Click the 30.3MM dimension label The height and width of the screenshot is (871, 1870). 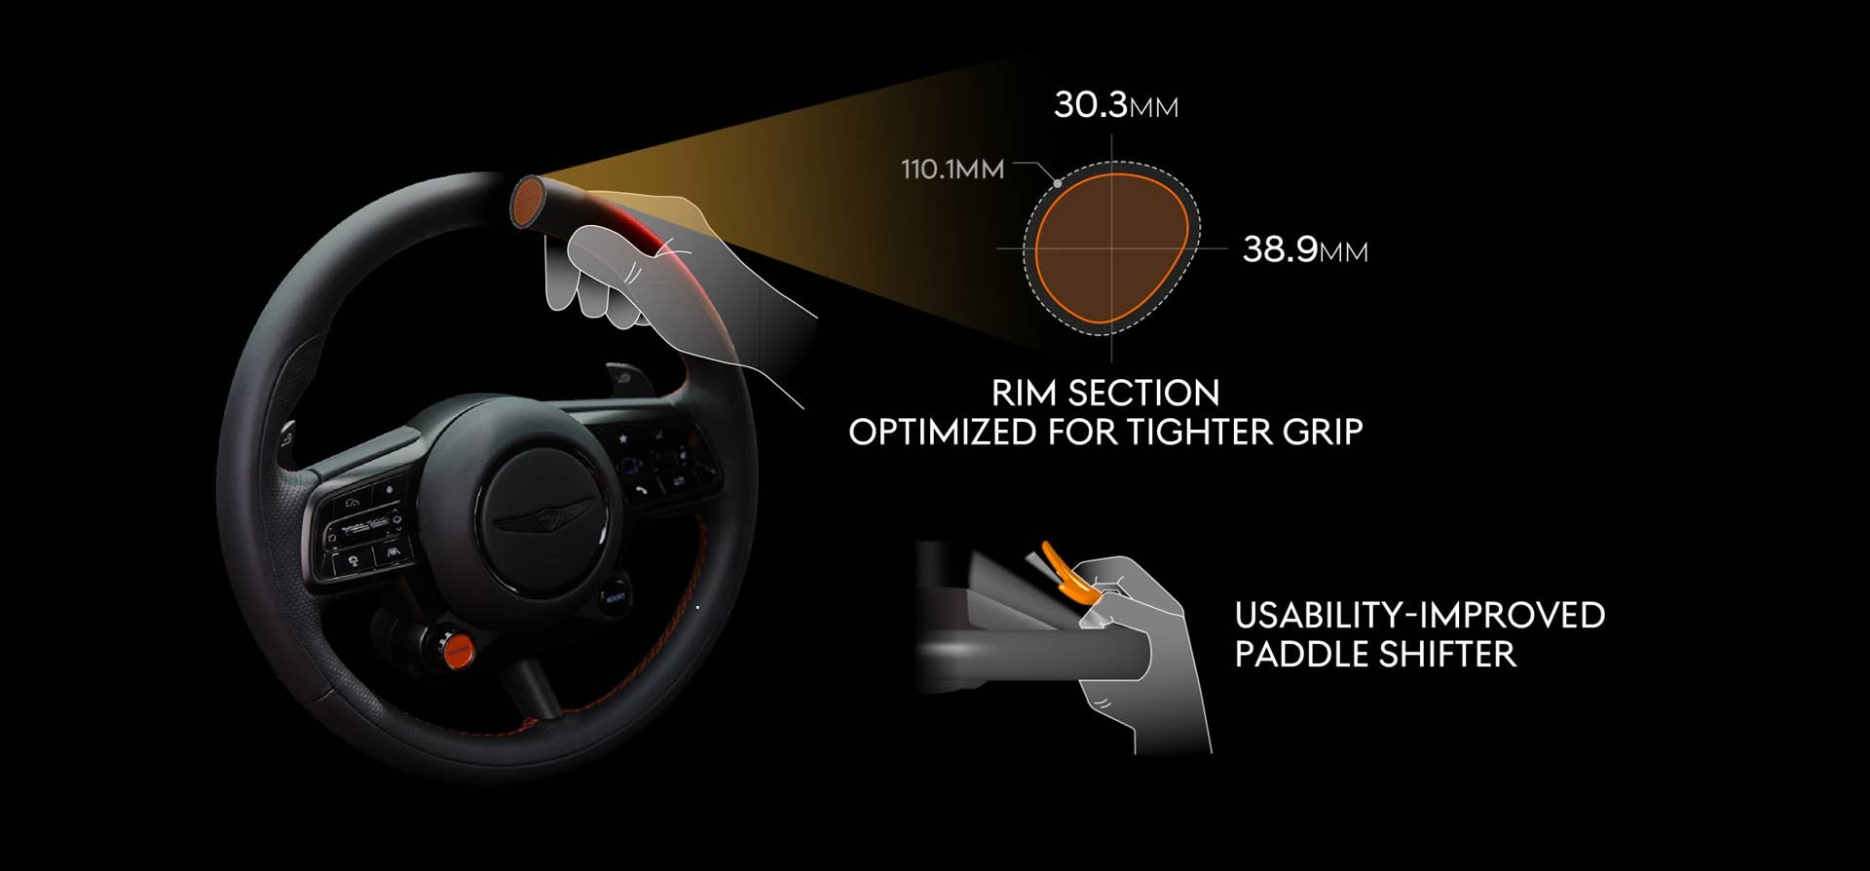pos(1116,104)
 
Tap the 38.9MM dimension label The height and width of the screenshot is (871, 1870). pos(1305,249)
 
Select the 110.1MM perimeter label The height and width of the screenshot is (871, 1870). pos(952,170)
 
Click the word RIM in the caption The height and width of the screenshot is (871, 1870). pos(1024,393)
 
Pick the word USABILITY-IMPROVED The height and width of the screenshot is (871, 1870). pos(1420,615)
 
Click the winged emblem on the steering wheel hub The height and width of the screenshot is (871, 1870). pos(543,516)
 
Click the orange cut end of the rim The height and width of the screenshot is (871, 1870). pos(528,203)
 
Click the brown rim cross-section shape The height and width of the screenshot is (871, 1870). pos(1110,248)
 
